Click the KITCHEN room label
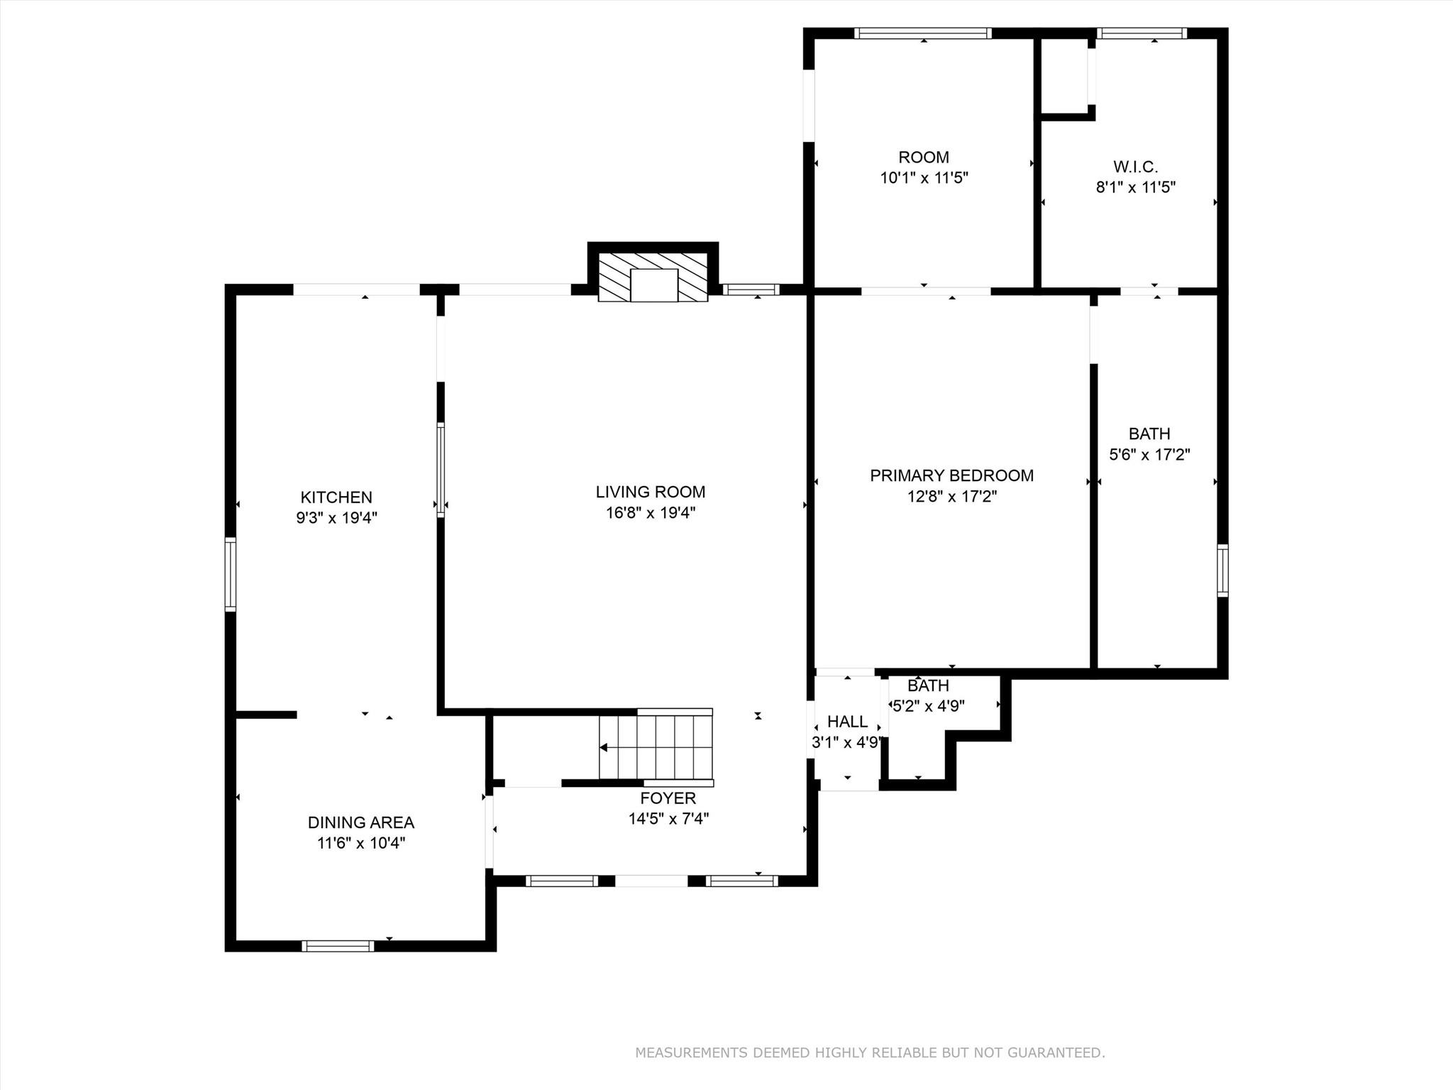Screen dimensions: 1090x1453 point(336,497)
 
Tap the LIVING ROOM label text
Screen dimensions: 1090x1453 point(650,492)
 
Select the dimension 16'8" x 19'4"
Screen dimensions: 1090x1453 point(650,513)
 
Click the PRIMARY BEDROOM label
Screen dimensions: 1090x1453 point(951,475)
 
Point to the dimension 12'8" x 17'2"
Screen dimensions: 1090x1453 point(951,497)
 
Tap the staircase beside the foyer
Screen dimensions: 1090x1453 point(656,747)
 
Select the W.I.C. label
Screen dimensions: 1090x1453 point(1135,167)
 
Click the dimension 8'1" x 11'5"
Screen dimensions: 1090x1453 point(1135,188)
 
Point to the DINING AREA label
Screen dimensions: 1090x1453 point(360,822)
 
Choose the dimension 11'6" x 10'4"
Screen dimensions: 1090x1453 point(360,844)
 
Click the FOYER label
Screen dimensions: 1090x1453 point(668,798)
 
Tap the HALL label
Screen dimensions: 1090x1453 point(847,722)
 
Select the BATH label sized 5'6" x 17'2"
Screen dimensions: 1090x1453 point(1149,434)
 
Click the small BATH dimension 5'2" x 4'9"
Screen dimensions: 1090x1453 point(928,707)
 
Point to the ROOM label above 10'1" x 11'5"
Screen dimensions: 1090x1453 point(923,157)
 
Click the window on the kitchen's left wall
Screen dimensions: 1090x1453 point(231,574)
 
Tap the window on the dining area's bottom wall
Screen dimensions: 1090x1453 point(338,946)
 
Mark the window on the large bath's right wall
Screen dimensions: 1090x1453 point(1222,570)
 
